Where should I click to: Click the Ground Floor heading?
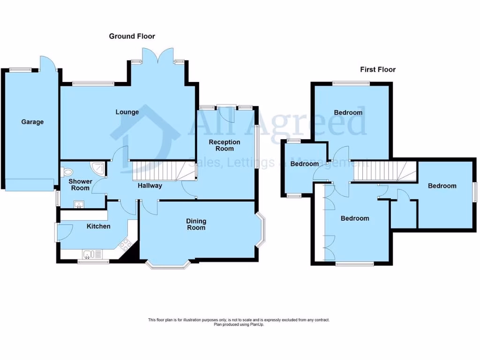(x=132, y=36)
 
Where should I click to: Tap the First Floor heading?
(x=377, y=69)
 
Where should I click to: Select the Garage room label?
(x=32, y=122)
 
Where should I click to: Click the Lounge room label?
(x=127, y=112)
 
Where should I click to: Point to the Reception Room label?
(x=225, y=145)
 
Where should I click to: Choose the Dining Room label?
(x=196, y=225)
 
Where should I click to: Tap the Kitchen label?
(x=98, y=226)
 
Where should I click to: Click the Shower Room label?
(x=79, y=185)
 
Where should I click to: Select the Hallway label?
(x=150, y=186)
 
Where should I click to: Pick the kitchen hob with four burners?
(x=126, y=244)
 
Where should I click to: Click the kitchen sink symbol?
(x=89, y=255)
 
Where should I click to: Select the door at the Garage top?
(x=47, y=64)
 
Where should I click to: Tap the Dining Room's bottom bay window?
(x=168, y=265)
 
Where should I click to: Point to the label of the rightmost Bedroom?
(x=442, y=186)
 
